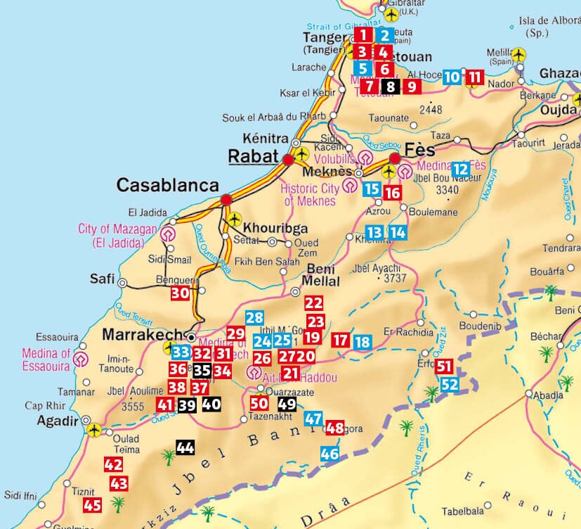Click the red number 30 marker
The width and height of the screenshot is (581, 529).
(181, 294)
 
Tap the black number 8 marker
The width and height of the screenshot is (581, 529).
(391, 87)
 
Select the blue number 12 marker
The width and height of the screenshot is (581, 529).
(460, 169)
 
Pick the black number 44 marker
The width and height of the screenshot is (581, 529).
(185, 448)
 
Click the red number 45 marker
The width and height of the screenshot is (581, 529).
(93, 504)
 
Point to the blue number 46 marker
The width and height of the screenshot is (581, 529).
(329, 454)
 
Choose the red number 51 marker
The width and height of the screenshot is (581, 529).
(444, 367)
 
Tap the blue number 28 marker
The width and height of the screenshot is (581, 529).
(254, 318)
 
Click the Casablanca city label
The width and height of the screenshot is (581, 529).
(167, 185)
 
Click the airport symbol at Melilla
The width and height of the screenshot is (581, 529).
(518, 54)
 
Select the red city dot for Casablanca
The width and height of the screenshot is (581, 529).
(226, 200)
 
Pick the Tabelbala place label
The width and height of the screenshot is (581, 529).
(464, 511)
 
